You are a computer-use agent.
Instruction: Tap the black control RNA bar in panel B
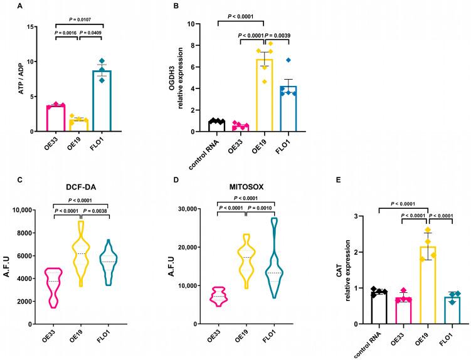tap(216, 126)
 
